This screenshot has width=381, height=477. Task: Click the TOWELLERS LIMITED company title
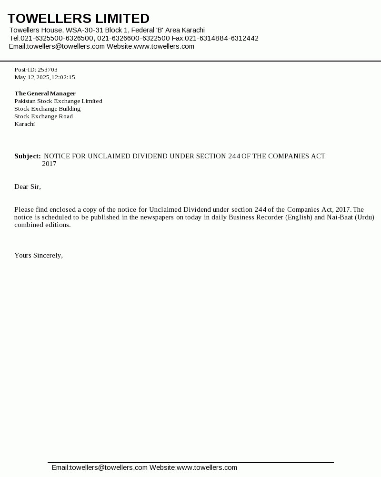coord(79,19)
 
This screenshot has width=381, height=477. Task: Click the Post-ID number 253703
coord(48,70)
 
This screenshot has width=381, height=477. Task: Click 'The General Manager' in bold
coord(45,93)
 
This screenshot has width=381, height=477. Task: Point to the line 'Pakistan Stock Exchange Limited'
coord(58,101)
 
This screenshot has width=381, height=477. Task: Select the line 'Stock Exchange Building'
coord(47,109)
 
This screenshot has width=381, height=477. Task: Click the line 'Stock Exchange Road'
coord(43,116)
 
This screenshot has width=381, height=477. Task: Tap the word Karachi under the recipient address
coord(24,124)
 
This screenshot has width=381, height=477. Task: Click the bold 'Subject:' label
coord(27,156)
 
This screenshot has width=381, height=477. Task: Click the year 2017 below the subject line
coord(49,164)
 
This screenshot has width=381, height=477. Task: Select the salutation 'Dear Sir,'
coord(28,187)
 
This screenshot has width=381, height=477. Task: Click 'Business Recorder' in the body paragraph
coord(256,217)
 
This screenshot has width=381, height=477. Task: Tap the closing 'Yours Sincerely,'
coord(39,255)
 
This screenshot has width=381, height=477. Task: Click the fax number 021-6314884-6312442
coord(221,38)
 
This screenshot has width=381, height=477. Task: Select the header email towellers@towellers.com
coord(66,46)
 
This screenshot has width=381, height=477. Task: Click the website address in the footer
coord(207,467)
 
